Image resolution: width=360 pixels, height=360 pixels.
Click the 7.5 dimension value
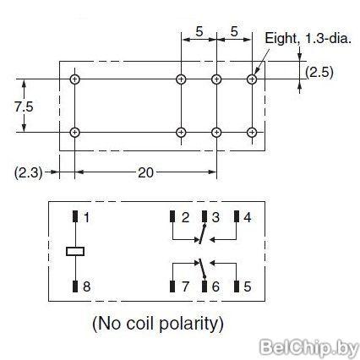pyautogui.click(x=24, y=107)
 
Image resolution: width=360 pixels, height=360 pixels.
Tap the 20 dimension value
pyautogui.click(x=145, y=172)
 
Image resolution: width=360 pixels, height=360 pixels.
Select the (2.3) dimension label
pyautogui.click(x=28, y=172)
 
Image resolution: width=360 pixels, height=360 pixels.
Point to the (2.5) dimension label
pyautogui.click(x=319, y=73)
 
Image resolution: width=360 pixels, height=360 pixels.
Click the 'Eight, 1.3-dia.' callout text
pyautogui.click(x=308, y=38)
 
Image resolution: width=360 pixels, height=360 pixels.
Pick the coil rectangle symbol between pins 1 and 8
pyautogui.click(x=75, y=251)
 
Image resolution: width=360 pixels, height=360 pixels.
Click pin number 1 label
pyautogui.click(x=86, y=217)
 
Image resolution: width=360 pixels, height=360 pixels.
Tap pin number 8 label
pyautogui.click(x=87, y=286)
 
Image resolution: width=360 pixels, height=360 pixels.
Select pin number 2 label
pyautogui.click(x=185, y=217)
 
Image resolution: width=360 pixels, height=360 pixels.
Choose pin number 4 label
pyautogui.click(x=247, y=217)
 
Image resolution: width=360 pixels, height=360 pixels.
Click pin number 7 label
pyautogui.click(x=185, y=286)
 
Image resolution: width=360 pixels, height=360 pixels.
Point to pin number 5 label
pyautogui.click(x=247, y=286)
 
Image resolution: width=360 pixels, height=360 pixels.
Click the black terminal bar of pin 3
pyautogui.click(x=205, y=216)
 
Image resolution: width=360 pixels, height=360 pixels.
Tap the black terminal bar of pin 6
pyautogui.click(x=205, y=286)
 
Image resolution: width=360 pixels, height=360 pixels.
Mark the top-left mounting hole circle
pyautogui.click(x=74, y=79)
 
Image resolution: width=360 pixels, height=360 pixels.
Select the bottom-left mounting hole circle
pyautogui.click(x=74, y=133)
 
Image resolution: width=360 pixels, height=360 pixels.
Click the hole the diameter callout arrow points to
pyautogui.click(x=252, y=79)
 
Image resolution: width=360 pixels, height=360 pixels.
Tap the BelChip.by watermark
pyautogui.click(x=308, y=347)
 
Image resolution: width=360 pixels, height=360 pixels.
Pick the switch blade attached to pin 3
pyautogui.click(x=203, y=234)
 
